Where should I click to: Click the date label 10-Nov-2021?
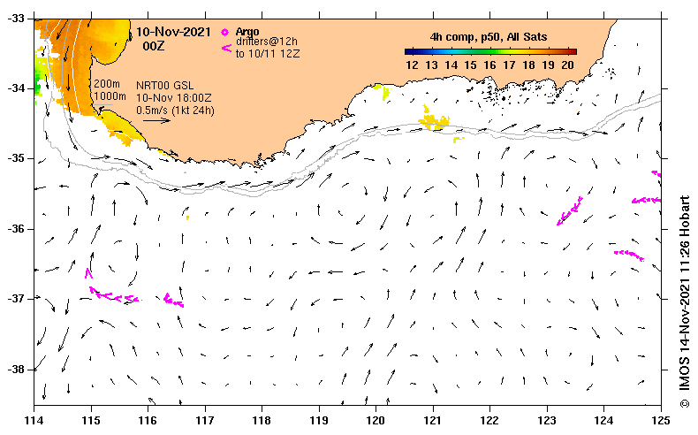(x=172, y=31)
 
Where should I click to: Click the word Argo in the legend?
(x=247, y=31)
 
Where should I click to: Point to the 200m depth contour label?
(x=107, y=83)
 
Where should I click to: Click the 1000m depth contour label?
(x=110, y=95)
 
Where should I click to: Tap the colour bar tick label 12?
(x=412, y=65)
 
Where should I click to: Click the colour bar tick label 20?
(x=568, y=65)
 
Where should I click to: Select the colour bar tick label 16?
(x=490, y=65)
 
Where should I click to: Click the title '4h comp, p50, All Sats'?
(x=488, y=36)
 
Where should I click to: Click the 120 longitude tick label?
(x=376, y=418)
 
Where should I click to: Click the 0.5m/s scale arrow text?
(x=175, y=110)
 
